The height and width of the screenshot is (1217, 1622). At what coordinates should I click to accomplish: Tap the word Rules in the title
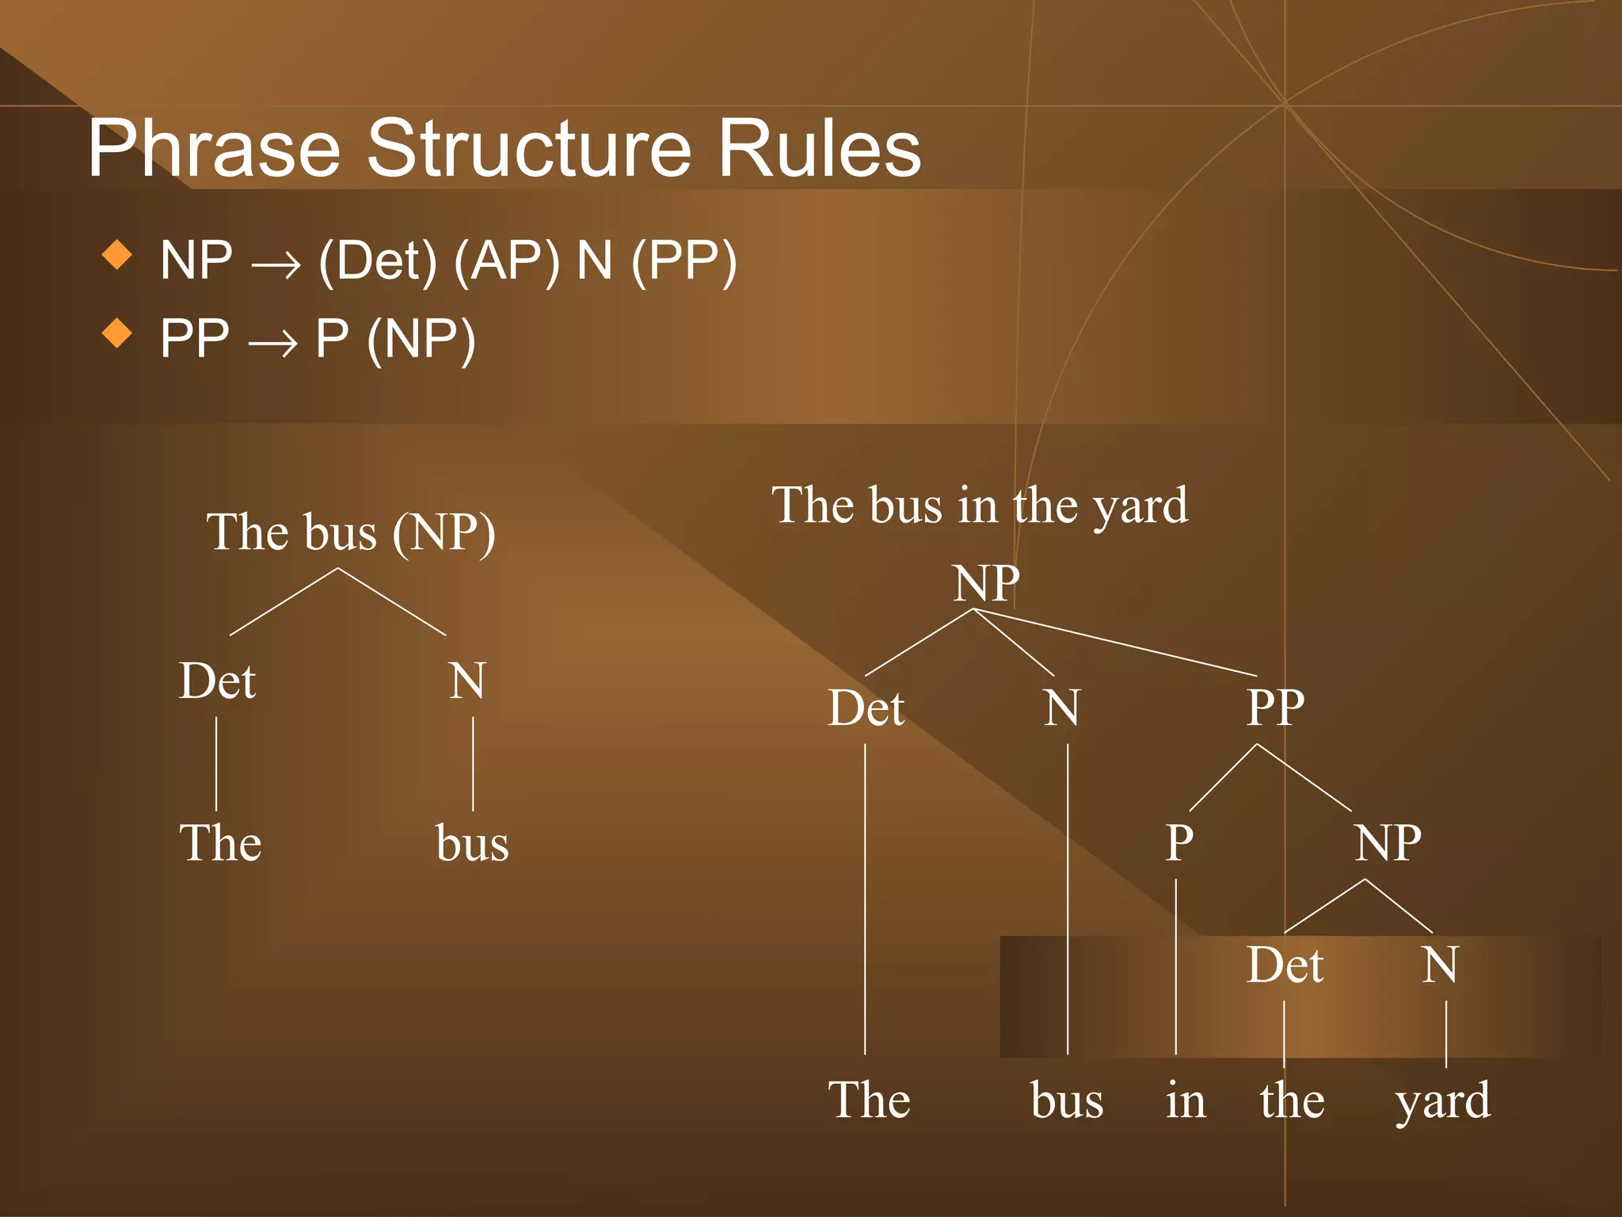819,149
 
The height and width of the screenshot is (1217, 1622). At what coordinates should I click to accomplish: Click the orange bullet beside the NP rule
117,255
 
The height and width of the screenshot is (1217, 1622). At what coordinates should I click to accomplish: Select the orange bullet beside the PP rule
117,333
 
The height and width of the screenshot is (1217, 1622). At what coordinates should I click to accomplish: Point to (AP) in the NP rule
506,261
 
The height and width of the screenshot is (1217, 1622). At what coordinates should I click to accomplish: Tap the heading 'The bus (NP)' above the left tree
351,532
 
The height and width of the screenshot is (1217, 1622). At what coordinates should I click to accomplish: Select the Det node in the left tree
217,681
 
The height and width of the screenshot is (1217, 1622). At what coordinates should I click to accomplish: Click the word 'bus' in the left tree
472,843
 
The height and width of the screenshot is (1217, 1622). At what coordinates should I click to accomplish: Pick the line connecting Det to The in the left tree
216,763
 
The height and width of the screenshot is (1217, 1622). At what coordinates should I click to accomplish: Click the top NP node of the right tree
986,584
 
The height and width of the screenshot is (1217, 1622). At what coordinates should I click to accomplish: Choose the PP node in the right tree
1275,708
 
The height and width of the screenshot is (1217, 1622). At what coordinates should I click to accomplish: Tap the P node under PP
1178,843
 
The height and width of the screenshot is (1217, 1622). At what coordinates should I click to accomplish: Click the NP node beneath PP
1388,843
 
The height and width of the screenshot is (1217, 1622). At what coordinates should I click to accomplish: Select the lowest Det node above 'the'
1285,965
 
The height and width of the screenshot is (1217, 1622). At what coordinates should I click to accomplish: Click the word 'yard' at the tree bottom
1442,1101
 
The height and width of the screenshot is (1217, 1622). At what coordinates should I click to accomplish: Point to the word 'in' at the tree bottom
1186,1101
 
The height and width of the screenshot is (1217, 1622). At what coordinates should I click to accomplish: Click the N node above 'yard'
1440,965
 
